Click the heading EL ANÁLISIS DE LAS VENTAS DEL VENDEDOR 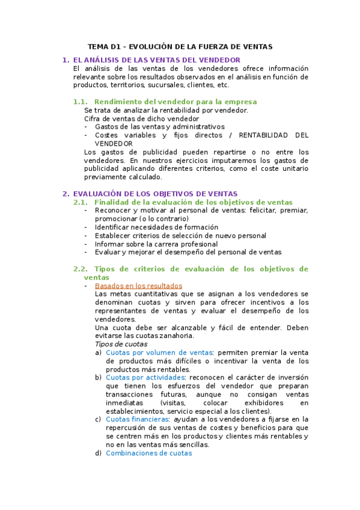point(156,60)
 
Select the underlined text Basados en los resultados point(138,286)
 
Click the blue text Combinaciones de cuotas point(148,453)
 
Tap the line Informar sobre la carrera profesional point(156,244)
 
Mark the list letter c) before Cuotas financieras point(98,419)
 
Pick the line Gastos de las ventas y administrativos point(159,127)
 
